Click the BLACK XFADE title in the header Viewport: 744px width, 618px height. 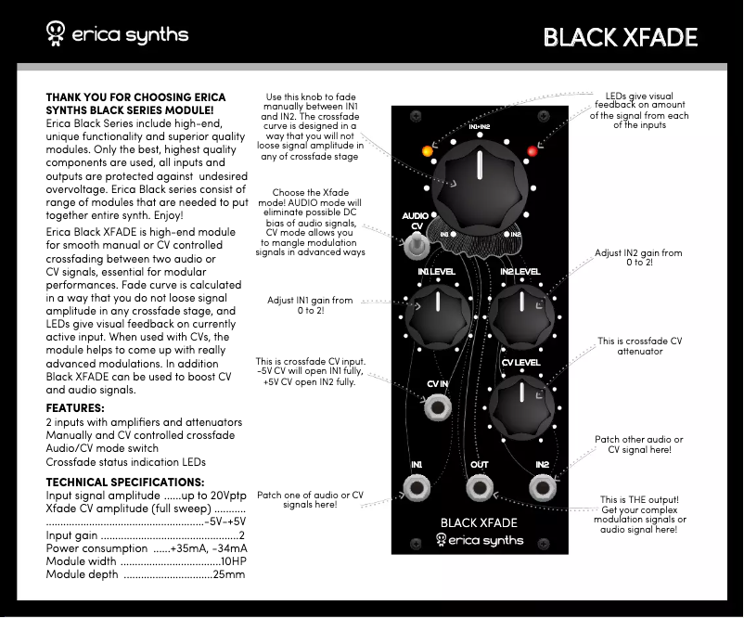coord(620,36)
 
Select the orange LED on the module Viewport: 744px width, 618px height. coord(427,149)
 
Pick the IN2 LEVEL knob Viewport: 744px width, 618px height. coord(520,314)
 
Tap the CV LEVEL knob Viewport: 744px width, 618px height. coord(520,405)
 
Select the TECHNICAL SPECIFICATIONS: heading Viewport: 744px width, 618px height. coord(125,483)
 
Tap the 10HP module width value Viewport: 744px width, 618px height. coord(232,561)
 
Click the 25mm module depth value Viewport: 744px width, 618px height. coord(229,575)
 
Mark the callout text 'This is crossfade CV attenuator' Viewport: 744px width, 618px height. coord(640,346)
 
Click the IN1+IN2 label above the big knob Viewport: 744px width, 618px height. coord(480,126)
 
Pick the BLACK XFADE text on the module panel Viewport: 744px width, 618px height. coord(479,522)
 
